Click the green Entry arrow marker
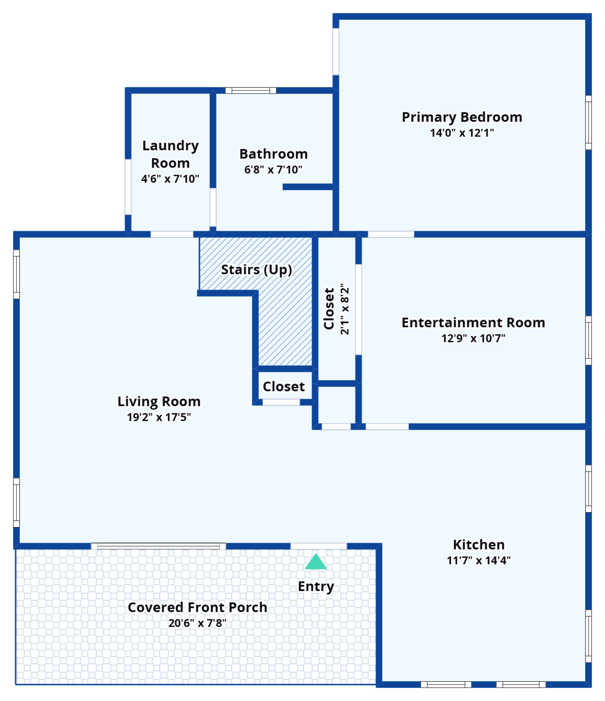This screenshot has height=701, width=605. point(316,562)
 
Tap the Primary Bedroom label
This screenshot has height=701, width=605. point(462,117)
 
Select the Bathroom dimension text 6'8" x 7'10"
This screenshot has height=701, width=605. point(273,170)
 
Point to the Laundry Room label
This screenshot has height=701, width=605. point(170,154)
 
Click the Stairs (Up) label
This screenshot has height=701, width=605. point(256,270)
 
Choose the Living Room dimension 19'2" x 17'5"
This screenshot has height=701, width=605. point(159,417)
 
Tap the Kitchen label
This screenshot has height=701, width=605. point(479,545)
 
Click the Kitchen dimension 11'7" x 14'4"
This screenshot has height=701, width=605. point(479,560)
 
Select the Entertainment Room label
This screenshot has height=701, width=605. point(473,322)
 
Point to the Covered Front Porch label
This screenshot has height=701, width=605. point(197,607)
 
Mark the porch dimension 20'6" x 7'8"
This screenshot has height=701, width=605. point(197,623)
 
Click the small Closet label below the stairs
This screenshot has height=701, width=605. point(284,387)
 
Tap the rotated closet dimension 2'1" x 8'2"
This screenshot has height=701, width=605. point(345,309)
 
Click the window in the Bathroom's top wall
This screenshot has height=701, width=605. point(251,90)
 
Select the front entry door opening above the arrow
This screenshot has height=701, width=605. point(319,546)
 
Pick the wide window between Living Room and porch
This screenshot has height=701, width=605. point(159,546)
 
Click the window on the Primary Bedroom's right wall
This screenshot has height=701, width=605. point(589,122)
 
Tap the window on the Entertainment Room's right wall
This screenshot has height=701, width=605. point(589,340)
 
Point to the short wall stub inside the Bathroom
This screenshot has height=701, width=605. point(308,187)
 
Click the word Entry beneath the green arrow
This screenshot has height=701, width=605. point(316,586)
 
